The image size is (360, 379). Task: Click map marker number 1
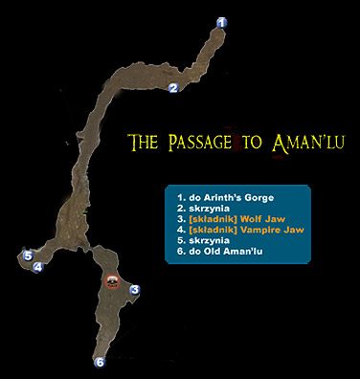pos(222,22)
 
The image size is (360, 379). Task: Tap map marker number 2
pos(173,89)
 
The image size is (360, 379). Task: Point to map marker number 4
pos(37,268)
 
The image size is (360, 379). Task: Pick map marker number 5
pos(28,256)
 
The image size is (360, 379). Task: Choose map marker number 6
pos(99,362)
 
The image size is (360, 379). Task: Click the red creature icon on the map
pos(113,280)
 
